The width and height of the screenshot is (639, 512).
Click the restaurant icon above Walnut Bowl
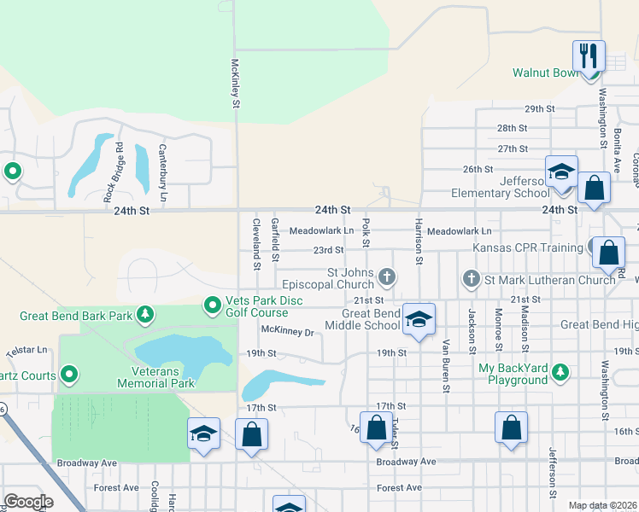tap(589, 56)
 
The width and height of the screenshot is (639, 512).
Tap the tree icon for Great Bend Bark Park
tap(145, 316)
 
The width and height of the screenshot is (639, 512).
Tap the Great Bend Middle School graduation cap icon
tap(419, 319)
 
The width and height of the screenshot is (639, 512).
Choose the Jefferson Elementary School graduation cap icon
tap(561, 172)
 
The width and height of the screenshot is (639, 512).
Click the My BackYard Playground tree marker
tap(560, 372)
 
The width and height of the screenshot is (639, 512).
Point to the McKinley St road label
tap(235, 84)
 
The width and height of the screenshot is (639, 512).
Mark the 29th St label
tap(539, 109)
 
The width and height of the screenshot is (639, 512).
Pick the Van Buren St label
tap(445, 365)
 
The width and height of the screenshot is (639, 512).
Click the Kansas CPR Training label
tap(529, 248)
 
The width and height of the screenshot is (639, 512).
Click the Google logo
tap(28, 502)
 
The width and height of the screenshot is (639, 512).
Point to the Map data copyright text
tap(602, 505)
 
